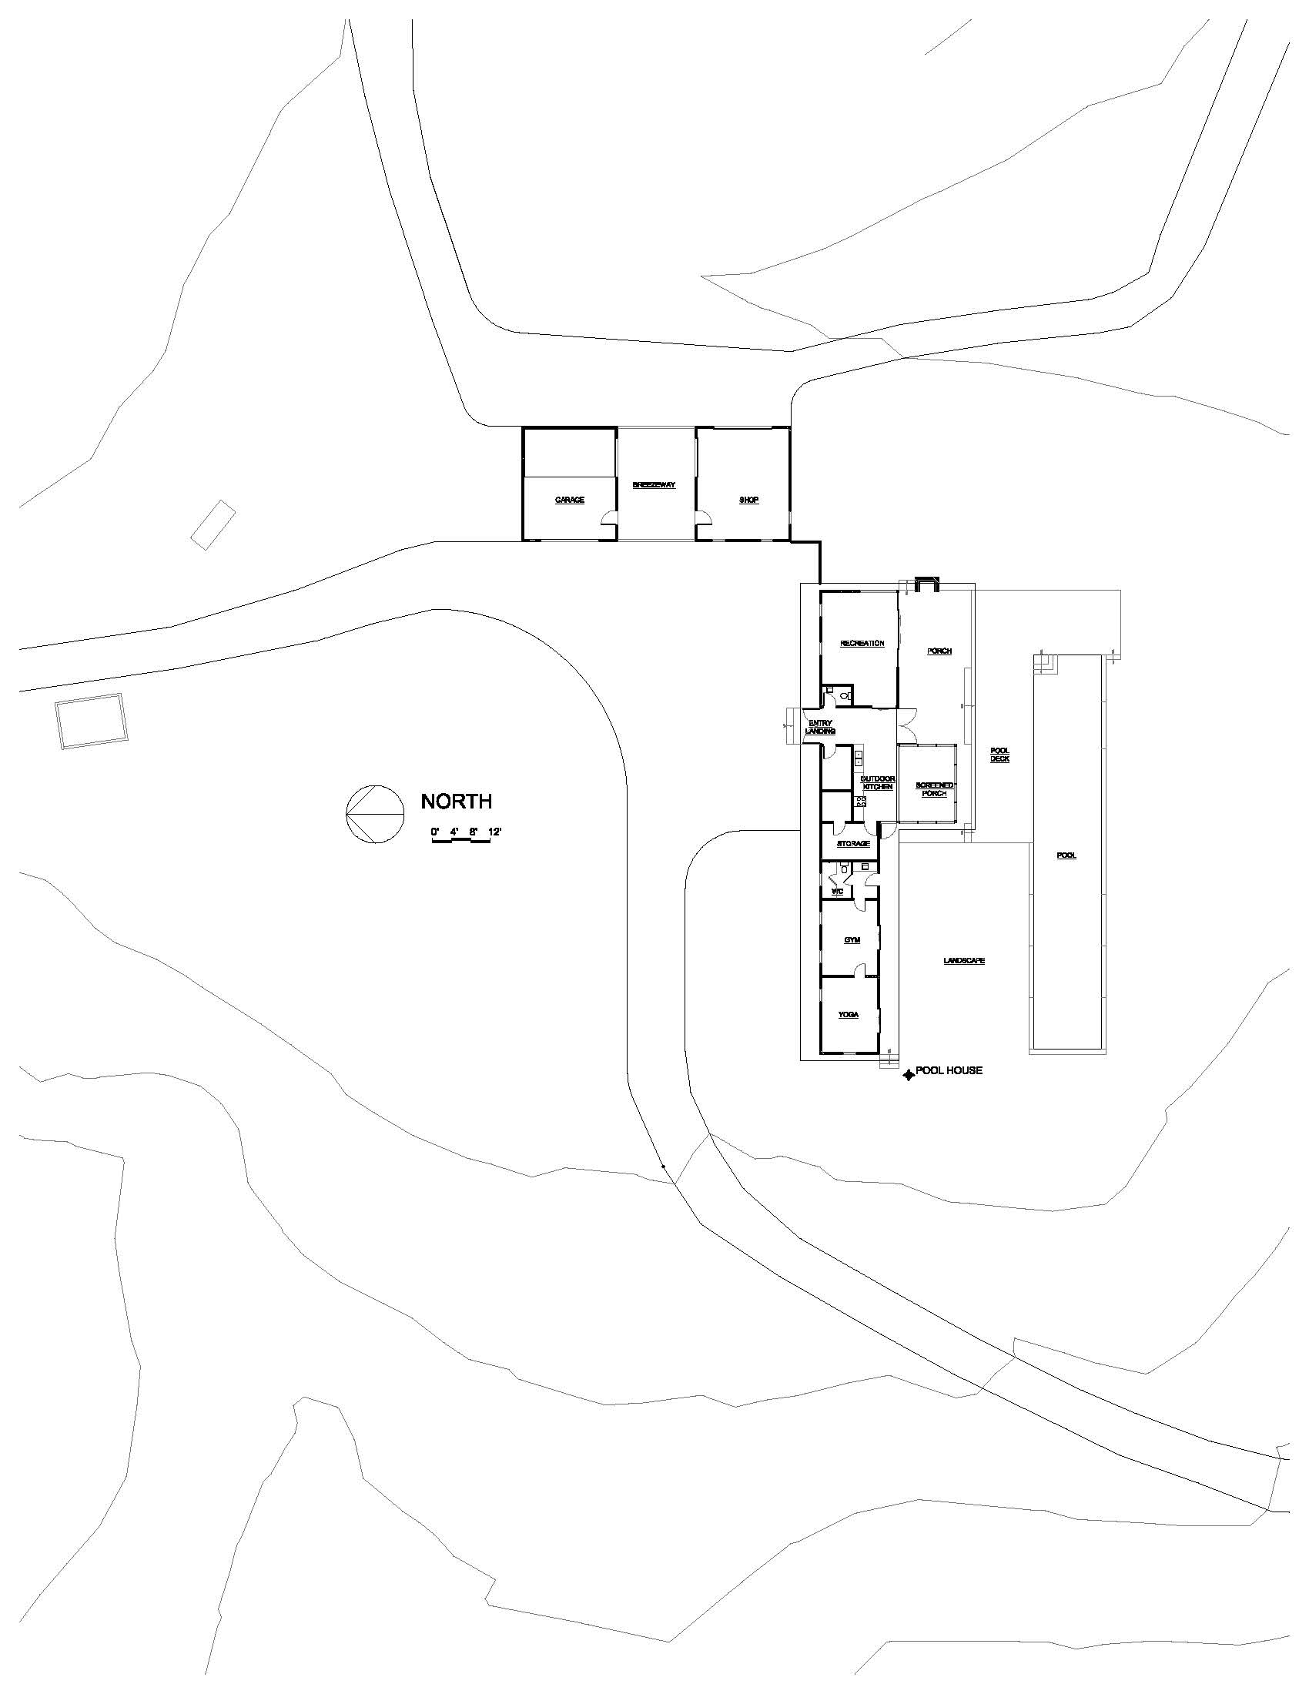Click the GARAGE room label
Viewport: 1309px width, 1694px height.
click(569, 500)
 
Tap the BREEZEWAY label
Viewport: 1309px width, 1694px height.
click(654, 485)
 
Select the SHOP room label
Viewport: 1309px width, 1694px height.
click(748, 500)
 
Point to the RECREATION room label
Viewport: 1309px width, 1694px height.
click(862, 643)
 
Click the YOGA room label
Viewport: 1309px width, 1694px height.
click(849, 1015)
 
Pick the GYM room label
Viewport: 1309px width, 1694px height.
click(852, 940)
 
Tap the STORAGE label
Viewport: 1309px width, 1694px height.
click(853, 843)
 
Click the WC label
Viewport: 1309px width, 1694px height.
click(837, 892)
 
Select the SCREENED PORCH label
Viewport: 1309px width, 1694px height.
click(935, 789)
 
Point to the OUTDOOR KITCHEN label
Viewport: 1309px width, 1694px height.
click(879, 782)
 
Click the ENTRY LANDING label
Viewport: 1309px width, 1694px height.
click(820, 727)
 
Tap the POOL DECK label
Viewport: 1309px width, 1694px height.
click(999, 755)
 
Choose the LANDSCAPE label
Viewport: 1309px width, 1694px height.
click(964, 961)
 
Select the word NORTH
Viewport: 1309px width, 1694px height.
click(456, 802)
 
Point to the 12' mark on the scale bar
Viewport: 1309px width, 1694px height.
click(496, 832)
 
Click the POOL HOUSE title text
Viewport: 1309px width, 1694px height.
click(949, 1070)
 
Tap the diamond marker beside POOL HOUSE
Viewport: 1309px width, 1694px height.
click(907, 1075)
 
